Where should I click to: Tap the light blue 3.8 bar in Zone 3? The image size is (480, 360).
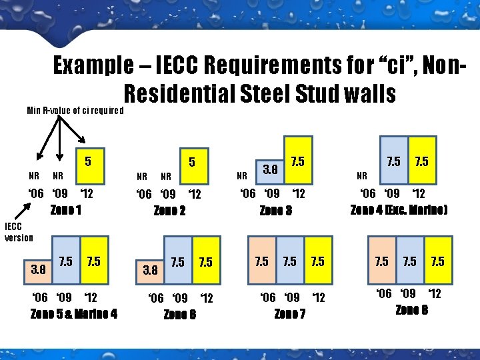coord(270,171)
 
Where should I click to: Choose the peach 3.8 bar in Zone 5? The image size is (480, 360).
coord(37,271)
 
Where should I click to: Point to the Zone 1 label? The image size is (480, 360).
coord(65,210)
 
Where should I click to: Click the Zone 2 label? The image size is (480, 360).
coord(169,211)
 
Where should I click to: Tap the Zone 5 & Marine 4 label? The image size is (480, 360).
coord(74,313)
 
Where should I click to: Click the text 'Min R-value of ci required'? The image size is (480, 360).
coord(75,110)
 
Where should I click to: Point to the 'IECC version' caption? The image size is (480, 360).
coord(19,233)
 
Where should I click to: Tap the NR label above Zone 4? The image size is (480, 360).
coord(362,177)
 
